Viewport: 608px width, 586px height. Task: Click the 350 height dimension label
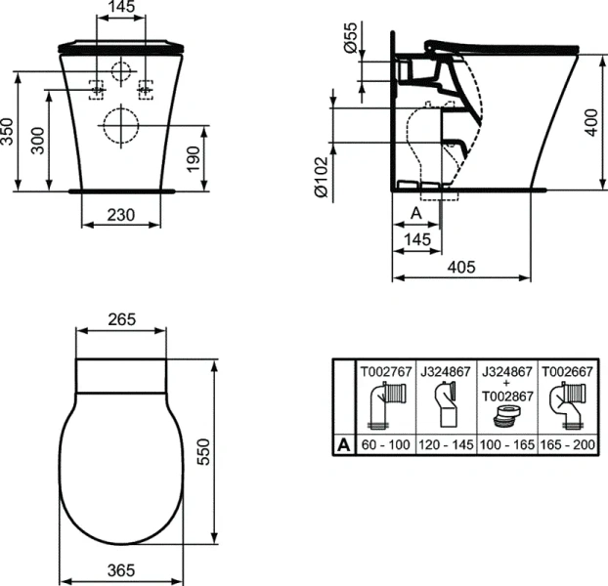point(9,133)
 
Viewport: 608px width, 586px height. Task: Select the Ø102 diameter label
point(321,181)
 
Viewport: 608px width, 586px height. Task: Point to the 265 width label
point(119,319)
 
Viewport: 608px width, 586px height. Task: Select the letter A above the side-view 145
point(413,212)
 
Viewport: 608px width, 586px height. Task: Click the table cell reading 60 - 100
point(384,444)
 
